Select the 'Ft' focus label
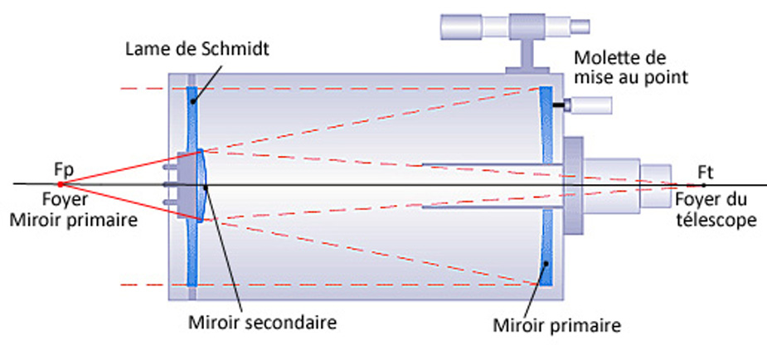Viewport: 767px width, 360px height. pyautogui.click(x=706, y=172)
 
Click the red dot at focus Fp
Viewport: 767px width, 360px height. pyautogui.click(x=61, y=183)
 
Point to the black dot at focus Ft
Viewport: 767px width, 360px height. pyautogui.click(x=703, y=184)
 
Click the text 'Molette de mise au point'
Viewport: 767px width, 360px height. pyautogui.click(x=633, y=68)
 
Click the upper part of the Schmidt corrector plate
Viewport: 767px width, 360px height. pyautogui.click(x=192, y=116)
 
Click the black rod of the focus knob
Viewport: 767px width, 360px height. pyautogui.click(x=568, y=105)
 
